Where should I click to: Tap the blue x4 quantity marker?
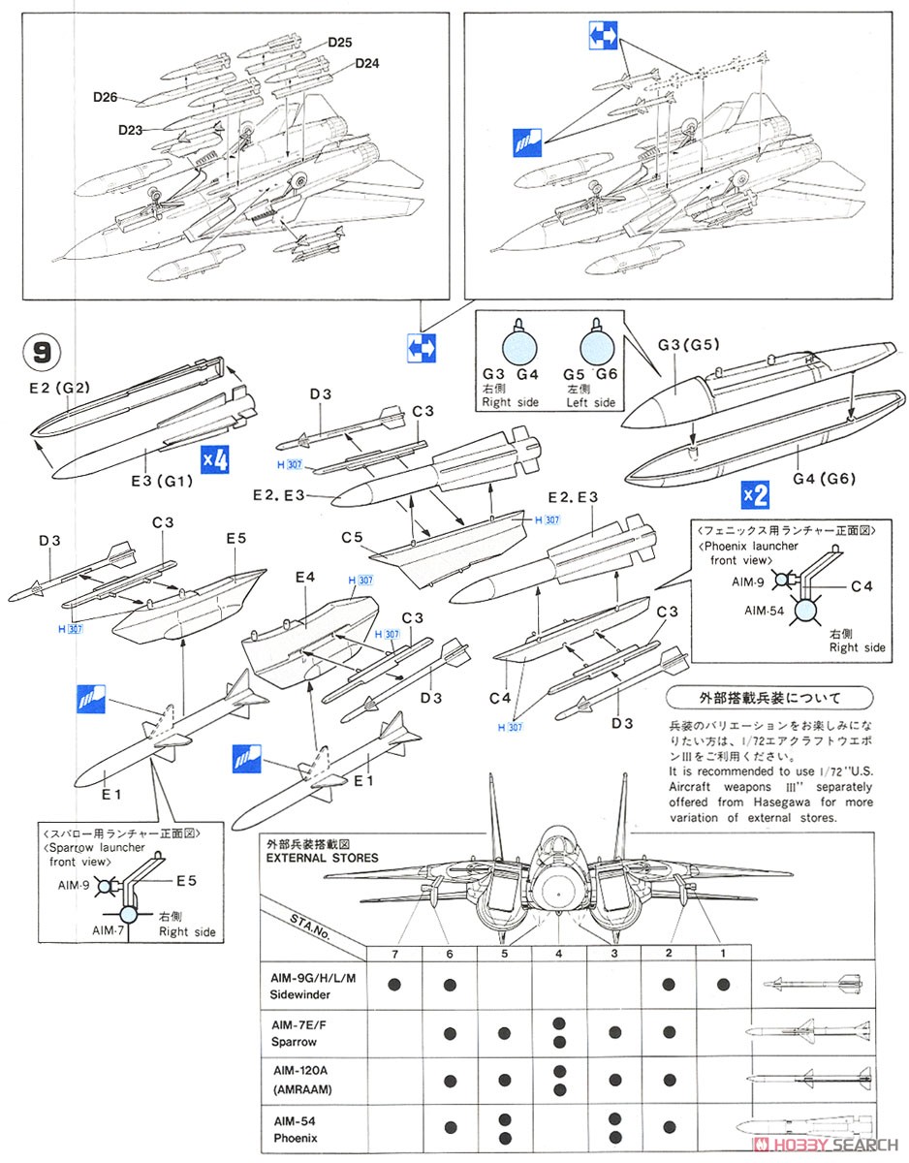pyautogui.click(x=213, y=458)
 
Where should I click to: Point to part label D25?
pyautogui.click(x=339, y=43)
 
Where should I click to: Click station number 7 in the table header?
pyautogui.click(x=394, y=955)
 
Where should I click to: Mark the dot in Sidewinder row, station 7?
pyautogui.click(x=394, y=986)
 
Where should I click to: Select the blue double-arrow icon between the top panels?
pyautogui.click(x=422, y=347)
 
